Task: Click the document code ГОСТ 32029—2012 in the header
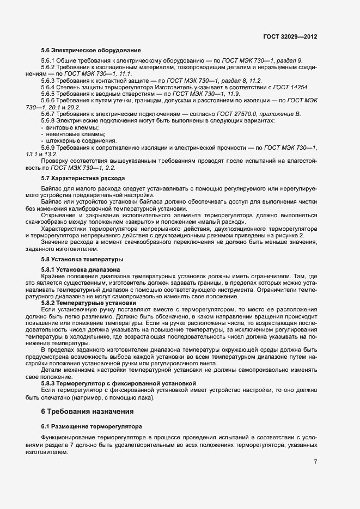coord(290,36)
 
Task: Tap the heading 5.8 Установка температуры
coord(82,259)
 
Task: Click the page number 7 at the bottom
coord(316,462)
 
